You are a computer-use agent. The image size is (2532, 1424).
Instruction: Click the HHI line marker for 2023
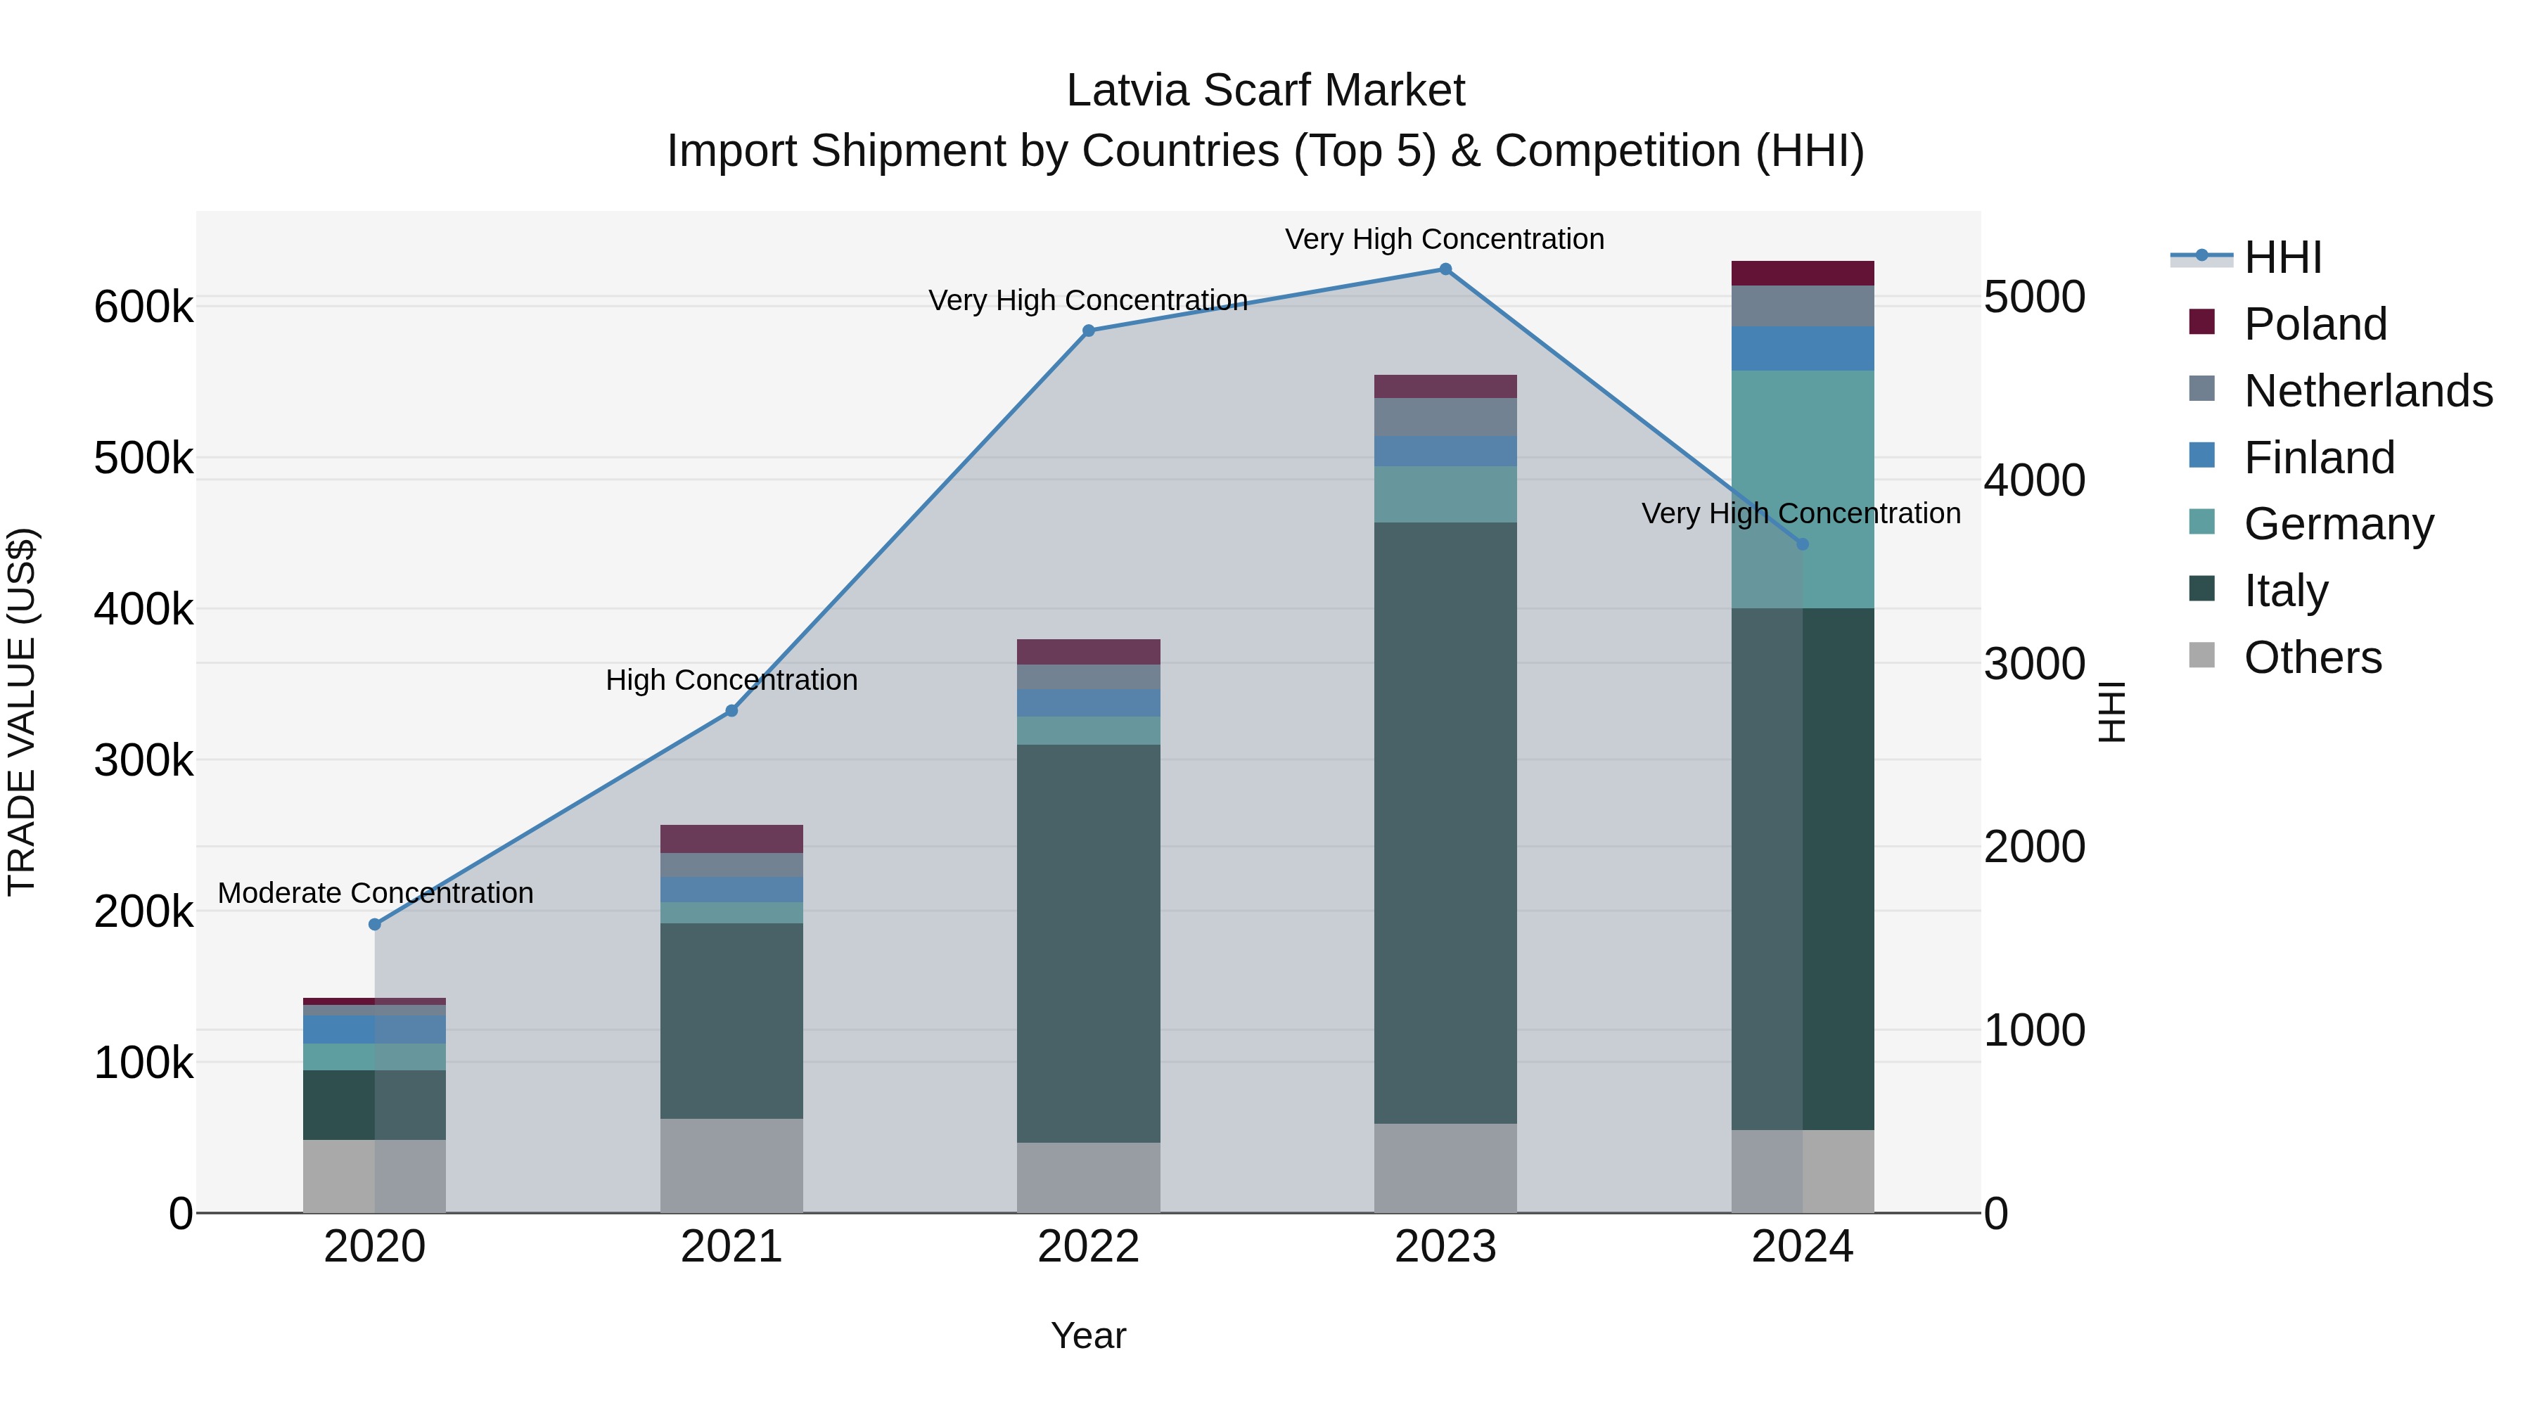[x=1445, y=269]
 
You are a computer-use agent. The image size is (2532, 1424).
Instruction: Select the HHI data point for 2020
[x=374, y=925]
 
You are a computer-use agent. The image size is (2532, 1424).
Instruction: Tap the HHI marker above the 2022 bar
[x=1088, y=331]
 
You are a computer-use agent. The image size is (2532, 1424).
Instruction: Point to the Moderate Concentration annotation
[x=376, y=893]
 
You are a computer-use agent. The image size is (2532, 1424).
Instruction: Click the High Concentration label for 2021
[x=731, y=680]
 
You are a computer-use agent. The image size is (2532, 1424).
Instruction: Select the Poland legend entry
[x=2315, y=324]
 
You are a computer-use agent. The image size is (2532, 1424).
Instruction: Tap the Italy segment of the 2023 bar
[x=1445, y=823]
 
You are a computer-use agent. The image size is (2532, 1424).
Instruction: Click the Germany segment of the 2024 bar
[x=1803, y=489]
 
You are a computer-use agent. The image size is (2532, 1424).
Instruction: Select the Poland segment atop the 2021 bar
[x=731, y=839]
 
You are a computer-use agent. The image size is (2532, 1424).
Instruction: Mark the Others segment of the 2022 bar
[x=1088, y=1177]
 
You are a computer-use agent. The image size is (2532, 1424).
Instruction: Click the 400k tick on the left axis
[x=143, y=609]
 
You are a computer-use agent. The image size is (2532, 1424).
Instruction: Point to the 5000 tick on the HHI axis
[x=2033, y=297]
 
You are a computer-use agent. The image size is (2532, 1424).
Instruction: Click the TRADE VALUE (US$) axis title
[x=22, y=712]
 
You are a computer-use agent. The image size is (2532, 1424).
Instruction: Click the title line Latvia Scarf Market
[x=1265, y=91]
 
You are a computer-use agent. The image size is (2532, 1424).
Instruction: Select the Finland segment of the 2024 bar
[x=1803, y=349]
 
